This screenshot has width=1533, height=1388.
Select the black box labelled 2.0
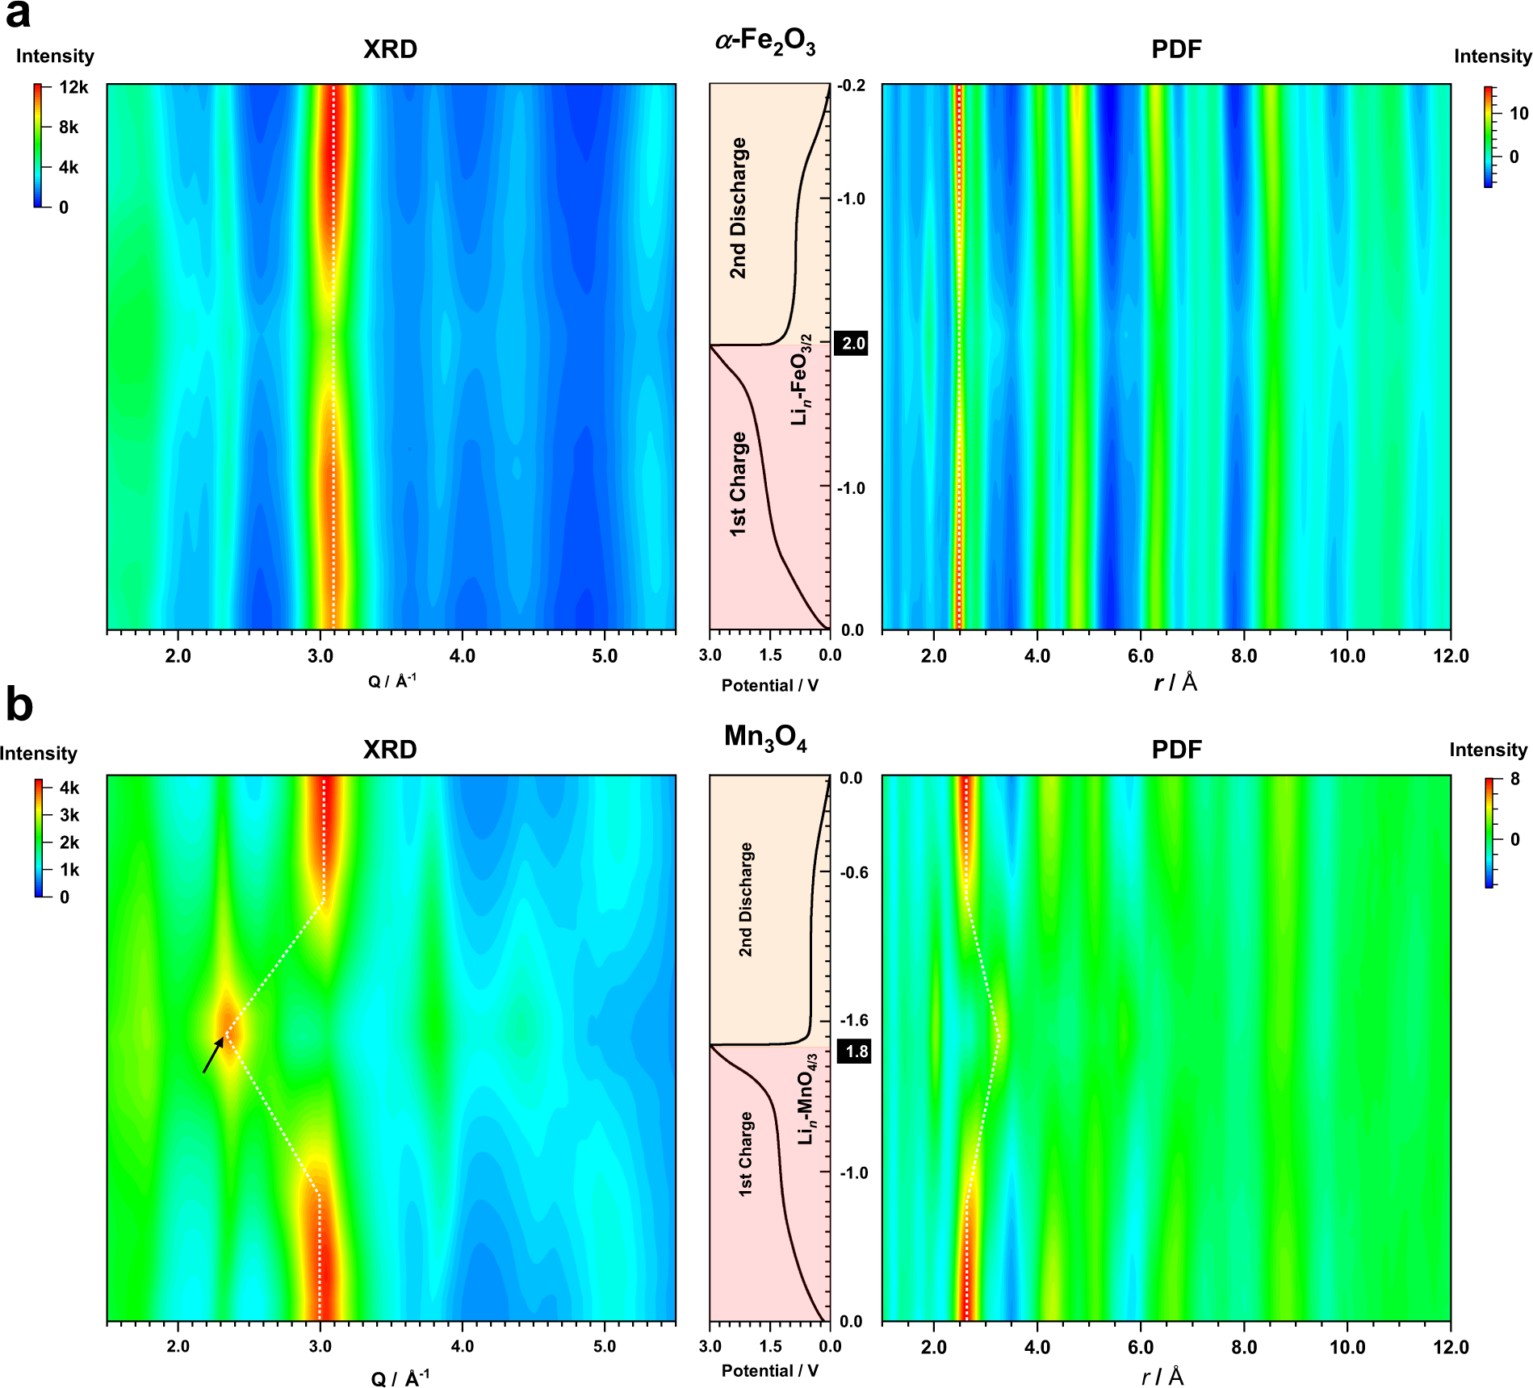tap(852, 344)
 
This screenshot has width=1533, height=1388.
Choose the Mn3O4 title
tap(764, 738)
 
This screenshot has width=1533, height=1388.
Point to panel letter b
tap(19, 704)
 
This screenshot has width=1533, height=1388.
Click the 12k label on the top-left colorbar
tap(73, 87)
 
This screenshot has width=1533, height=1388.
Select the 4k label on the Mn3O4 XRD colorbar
tap(69, 788)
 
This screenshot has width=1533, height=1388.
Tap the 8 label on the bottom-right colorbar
tap(1514, 779)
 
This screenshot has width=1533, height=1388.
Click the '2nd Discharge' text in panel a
tap(738, 208)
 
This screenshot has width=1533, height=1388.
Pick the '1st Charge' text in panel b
tap(745, 1154)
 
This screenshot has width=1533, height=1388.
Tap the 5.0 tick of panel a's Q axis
tap(604, 656)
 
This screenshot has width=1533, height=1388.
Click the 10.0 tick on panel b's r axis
tap(1347, 1347)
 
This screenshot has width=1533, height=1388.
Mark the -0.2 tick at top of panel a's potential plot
tap(852, 86)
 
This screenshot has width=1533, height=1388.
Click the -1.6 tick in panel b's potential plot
tap(854, 1020)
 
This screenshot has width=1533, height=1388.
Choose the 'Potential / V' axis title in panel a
tap(769, 685)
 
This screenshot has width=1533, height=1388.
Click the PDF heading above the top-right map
tap(1175, 49)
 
